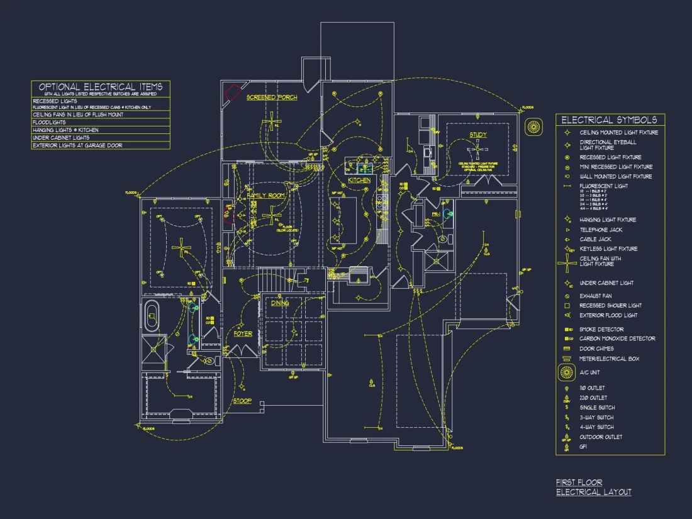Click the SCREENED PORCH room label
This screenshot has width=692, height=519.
(272, 98)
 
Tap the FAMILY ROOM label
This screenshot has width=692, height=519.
(265, 196)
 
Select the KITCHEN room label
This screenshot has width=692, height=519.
(359, 181)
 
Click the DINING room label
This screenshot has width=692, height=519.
(280, 303)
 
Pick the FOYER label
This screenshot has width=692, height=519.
(243, 334)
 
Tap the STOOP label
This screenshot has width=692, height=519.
(242, 401)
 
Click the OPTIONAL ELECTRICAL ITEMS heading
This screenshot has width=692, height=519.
(101, 87)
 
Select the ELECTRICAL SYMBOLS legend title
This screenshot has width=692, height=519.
(609, 120)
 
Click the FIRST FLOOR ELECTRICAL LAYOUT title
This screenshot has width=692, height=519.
(593, 487)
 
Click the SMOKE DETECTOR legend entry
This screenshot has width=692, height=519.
(601, 329)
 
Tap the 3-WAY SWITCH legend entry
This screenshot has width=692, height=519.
(596, 417)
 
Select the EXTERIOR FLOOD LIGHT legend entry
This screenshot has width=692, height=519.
(608, 315)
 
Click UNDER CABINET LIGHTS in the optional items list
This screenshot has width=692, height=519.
(61, 138)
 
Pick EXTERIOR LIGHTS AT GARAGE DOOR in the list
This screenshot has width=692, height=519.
(77, 145)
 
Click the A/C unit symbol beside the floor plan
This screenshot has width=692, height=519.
(534, 126)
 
